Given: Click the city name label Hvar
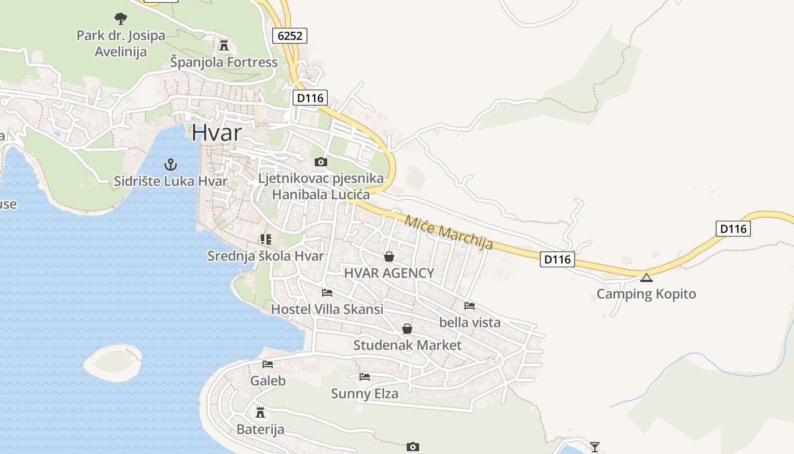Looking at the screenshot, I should [x=217, y=132].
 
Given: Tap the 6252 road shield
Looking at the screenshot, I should [x=289, y=36].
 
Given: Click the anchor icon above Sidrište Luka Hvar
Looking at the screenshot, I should [x=170, y=165].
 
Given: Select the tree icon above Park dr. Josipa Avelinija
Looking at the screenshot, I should [x=120, y=18].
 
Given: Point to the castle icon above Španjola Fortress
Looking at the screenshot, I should [x=224, y=45].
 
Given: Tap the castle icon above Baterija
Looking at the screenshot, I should [x=260, y=412].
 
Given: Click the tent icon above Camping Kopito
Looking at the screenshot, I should [x=646, y=278].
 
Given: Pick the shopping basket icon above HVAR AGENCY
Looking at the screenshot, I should [x=389, y=257].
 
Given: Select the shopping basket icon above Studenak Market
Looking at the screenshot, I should [x=407, y=329].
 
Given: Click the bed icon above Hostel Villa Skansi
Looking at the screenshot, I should [x=327, y=293].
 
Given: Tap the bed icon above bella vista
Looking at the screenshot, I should [x=470, y=305].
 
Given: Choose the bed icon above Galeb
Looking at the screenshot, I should [x=268, y=364].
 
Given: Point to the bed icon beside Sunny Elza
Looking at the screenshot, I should [x=365, y=376].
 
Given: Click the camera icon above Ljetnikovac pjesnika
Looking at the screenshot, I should [x=320, y=162].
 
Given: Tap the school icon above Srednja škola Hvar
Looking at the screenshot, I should [x=265, y=239].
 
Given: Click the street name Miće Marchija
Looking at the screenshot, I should [x=448, y=232].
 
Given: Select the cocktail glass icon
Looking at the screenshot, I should [x=594, y=447].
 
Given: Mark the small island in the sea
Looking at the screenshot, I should [x=112, y=363].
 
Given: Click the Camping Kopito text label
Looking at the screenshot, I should [x=646, y=294].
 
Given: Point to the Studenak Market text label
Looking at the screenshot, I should [x=407, y=345].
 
